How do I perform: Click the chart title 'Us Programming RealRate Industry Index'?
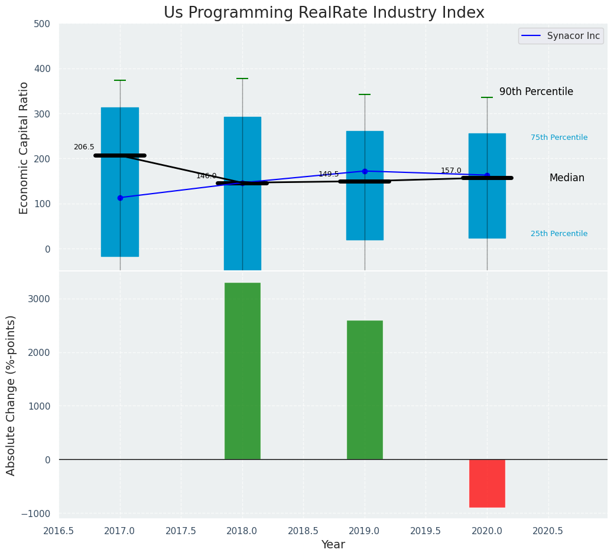pyautogui.click(x=324, y=13)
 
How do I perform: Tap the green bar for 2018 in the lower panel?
pyautogui.click(x=242, y=371)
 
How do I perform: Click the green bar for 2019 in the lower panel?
pyautogui.click(x=365, y=390)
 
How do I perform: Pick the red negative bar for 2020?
pyautogui.click(x=487, y=483)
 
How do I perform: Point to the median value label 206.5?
pyautogui.click(x=84, y=147)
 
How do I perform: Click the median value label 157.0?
pyautogui.click(x=451, y=171)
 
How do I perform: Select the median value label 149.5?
pyautogui.click(x=329, y=174)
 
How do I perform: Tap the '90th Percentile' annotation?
pyautogui.click(x=536, y=92)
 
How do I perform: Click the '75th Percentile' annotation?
pyautogui.click(x=558, y=138)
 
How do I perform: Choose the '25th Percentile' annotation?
pyautogui.click(x=558, y=234)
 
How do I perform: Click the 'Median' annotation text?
pyautogui.click(x=566, y=178)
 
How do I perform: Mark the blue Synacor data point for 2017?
pyautogui.click(x=120, y=198)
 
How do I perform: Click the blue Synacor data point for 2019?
pyautogui.click(x=365, y=171)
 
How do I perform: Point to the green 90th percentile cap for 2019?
pyautogui.click(x=365, y=94)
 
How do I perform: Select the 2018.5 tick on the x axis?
pyautogui.click(x=303, y=531)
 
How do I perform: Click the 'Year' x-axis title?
pyautogui.click(x=333, y=545)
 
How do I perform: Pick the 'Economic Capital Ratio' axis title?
pyautogui.click(x=24, y=148)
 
